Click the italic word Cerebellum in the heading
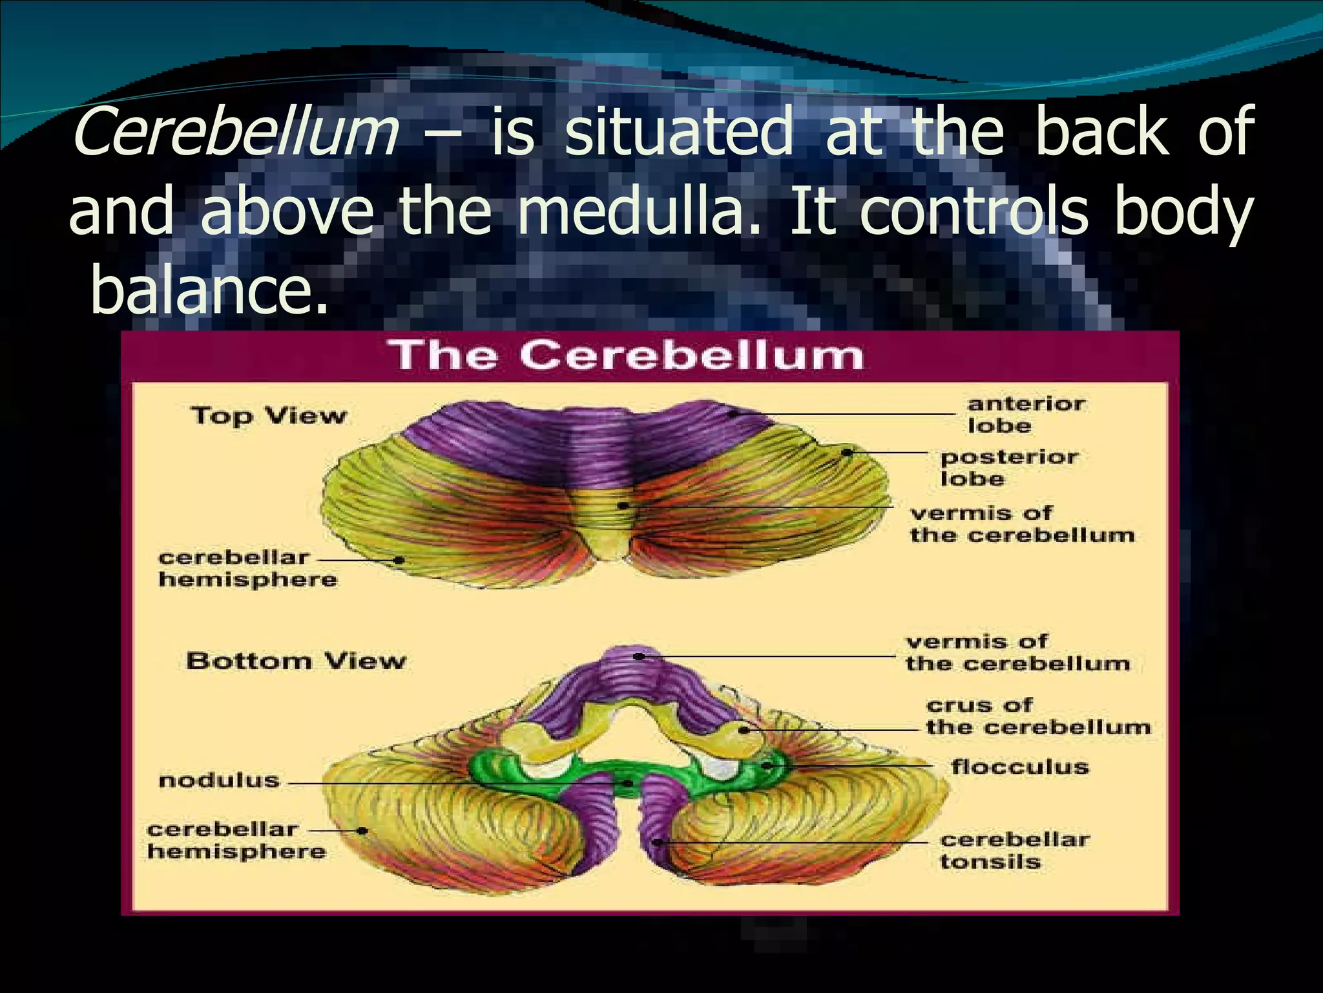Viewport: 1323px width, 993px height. (x=236, y=133)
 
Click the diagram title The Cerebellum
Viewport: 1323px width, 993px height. (x=627, y=356)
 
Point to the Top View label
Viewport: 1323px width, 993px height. (x=269, y=416)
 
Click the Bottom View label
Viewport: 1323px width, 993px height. (x=296, y=661)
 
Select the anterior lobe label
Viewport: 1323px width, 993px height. (x=1026, y=415)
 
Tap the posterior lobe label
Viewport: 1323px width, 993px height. (x=1009, y=468)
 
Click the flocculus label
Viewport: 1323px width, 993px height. (x=1019, y=767)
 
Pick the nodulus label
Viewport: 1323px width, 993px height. (x=219, y=780)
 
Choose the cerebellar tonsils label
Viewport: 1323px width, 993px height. (x=1015, y=851)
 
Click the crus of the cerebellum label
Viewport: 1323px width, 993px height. (x=1037, y=716)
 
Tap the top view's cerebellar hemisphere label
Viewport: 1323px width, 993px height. (x=247, y=568)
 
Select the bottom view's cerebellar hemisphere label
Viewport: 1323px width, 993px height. (x=236, y=840)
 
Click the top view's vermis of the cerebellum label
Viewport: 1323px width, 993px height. (x=1022, y=524)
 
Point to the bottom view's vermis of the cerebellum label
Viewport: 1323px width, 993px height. (x=1017, y=653)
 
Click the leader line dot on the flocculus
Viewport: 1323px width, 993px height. (x=767, y=765)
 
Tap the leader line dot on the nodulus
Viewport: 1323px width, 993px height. (x=627, y=784)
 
